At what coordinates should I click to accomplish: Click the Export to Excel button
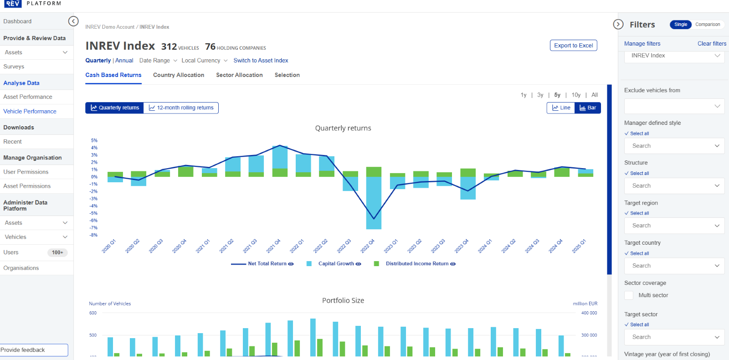pyautogui.click(x=573, y=46)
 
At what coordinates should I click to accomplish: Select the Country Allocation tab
pyautogui.click(x=178, y=75)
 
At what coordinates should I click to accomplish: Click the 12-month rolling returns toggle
pyautogui.click(x=181, y=108)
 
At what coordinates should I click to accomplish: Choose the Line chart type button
pyautogui.click(x=561, y=108)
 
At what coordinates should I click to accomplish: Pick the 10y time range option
pyautogui.click(x=576, y=95)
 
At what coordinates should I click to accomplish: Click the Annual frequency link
pyautogui.click(x=124, y=61)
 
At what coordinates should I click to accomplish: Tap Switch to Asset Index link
pyautogui.click(x=261, y=61)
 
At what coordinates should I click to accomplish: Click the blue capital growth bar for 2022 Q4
pyautogui.click(x=374, y=203)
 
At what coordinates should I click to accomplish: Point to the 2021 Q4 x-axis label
pyautogui.click(x=273, y=246)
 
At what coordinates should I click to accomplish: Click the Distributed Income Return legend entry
pyautogui.click(x=417, y=264)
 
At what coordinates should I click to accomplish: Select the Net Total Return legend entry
pyautogui.click(x=267, y=264)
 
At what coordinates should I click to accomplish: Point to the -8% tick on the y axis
pyautogui.click(x=93, y=235)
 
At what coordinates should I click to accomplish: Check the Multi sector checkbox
pyautogui.click(x=629, y=295)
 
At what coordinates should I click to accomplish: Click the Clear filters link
pyautogui.click(x=712, y=44)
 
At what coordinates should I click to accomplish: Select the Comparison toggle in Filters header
pyautogui.click(x=707, y=25)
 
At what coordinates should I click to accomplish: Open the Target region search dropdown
pyautogui.click(x=674, y=226)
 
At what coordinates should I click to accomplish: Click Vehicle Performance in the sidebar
pyautogui.click(x=30, y=111)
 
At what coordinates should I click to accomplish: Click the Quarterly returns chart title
pyautogui.click(x=343, y=129)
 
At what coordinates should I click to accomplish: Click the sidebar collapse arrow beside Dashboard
pyautogui.click(x=73, y=21)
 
